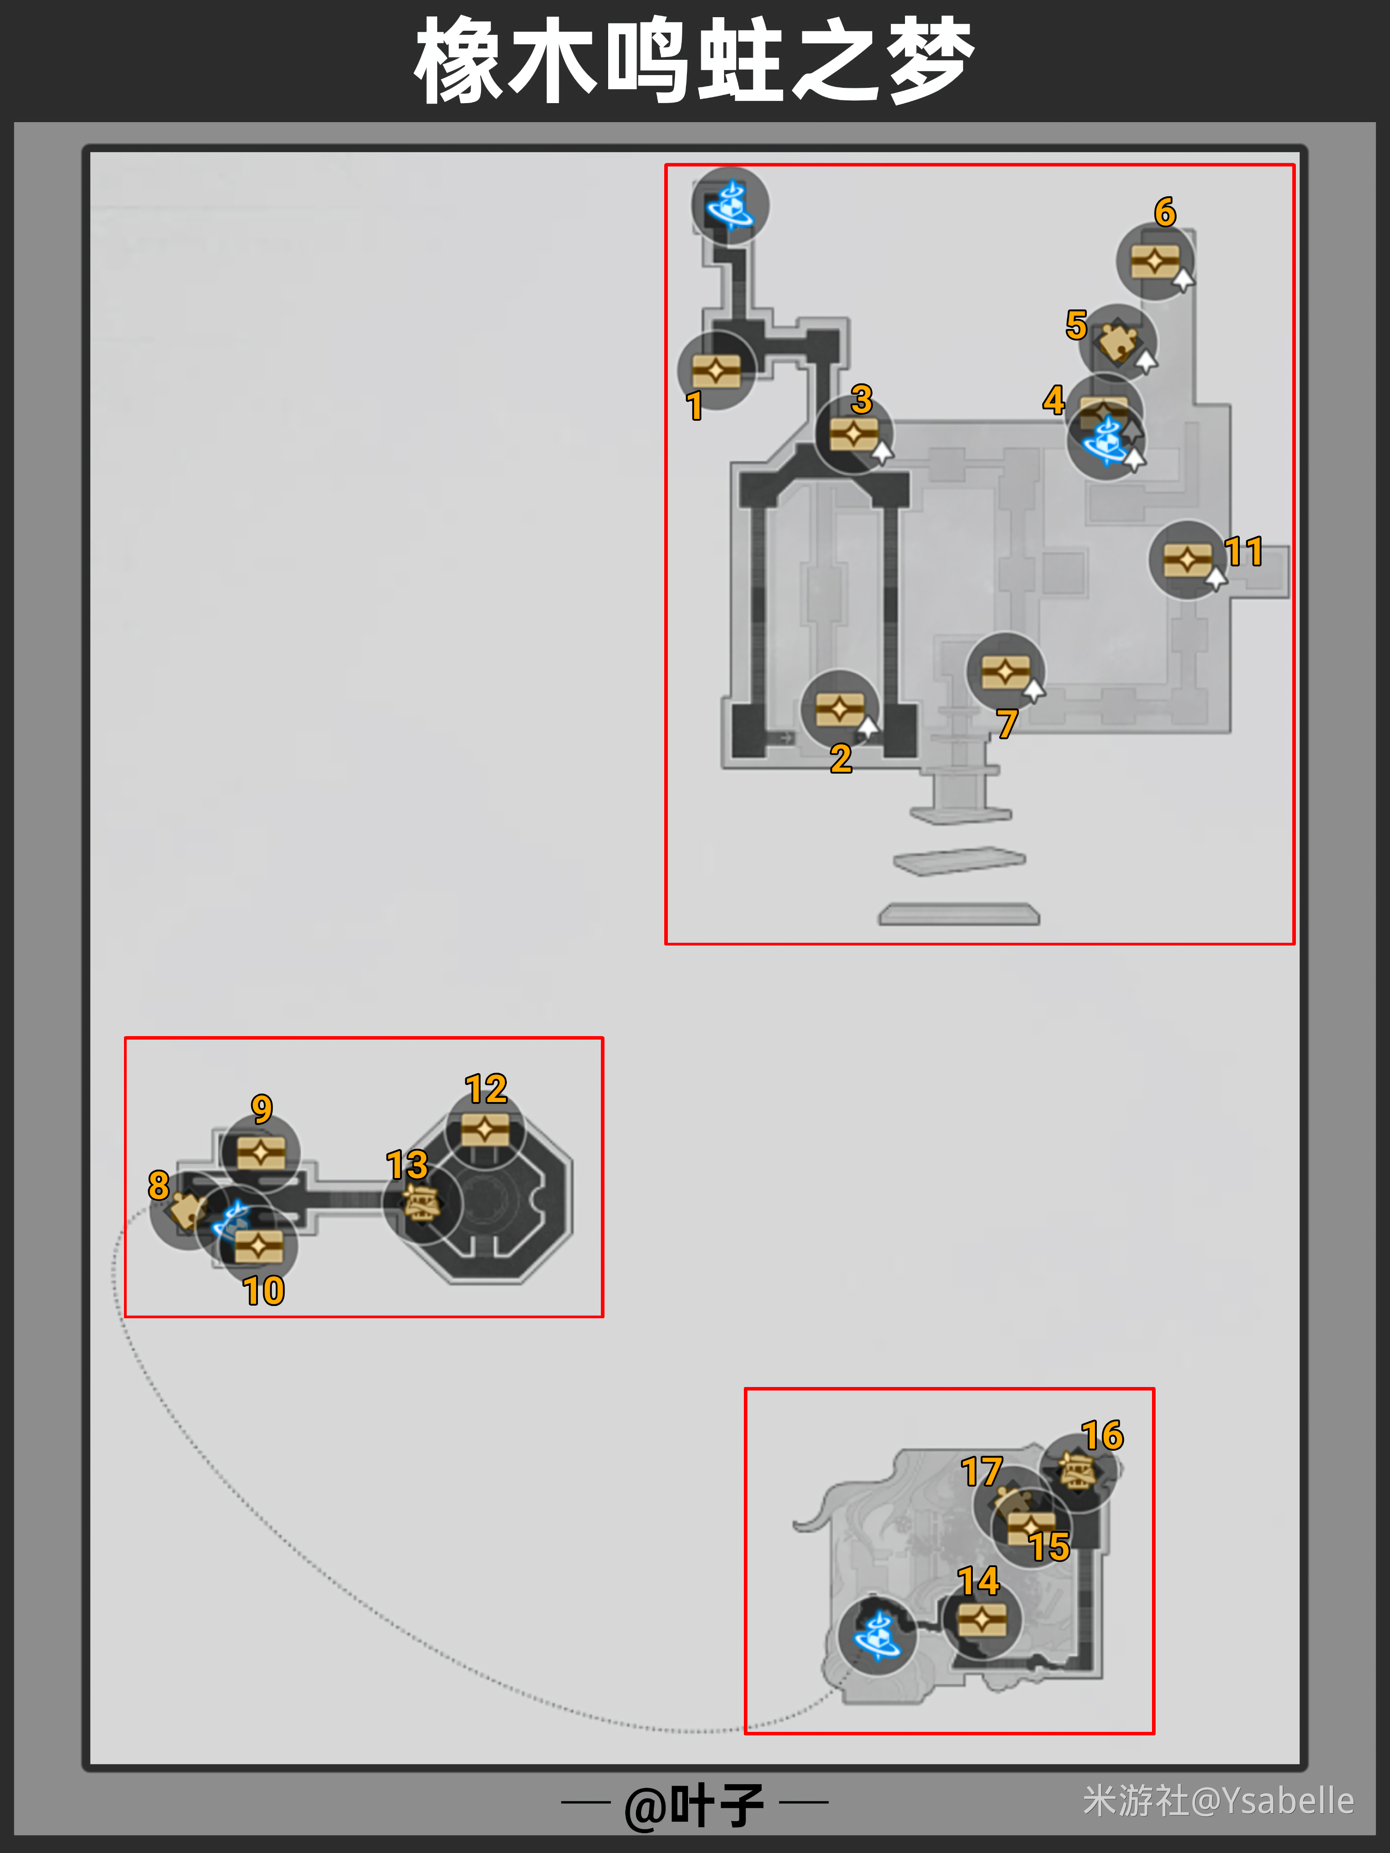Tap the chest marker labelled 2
(x=839, y=709)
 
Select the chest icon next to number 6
(x=1155, y=261)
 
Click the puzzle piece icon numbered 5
(x=1118, y=342)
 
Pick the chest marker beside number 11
(x=1187, y=559)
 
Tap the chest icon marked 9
(x=261, y=1153)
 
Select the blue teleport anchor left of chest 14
(x=877, y=1636)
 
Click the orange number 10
(x=264, y=1291)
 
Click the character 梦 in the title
(x=931, y=60)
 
